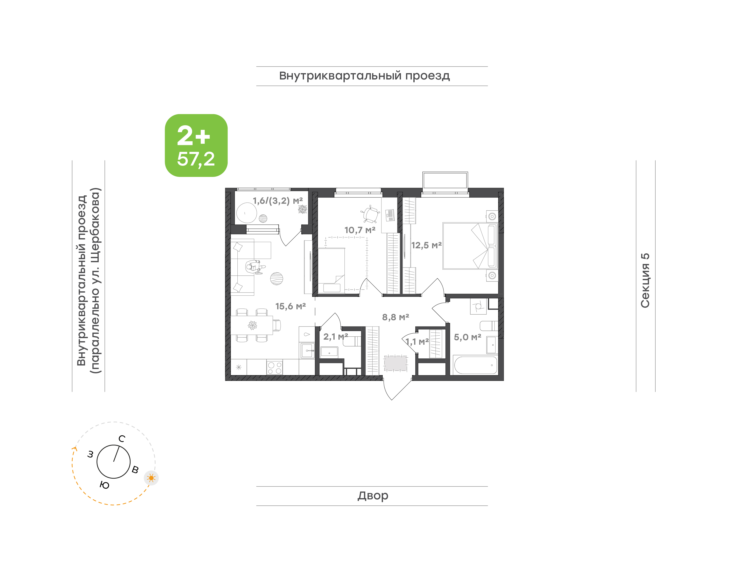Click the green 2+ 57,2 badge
point(196,145)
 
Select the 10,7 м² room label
point(360,230)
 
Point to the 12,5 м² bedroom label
point(426,246)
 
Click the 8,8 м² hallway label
point(395,317)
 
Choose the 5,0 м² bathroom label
point(468,337)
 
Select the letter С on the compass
point(122,439)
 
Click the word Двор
point(373,496)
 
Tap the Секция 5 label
point(645,281)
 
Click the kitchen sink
point(307,351)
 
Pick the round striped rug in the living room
point(277,279)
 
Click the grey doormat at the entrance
point(395,363)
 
